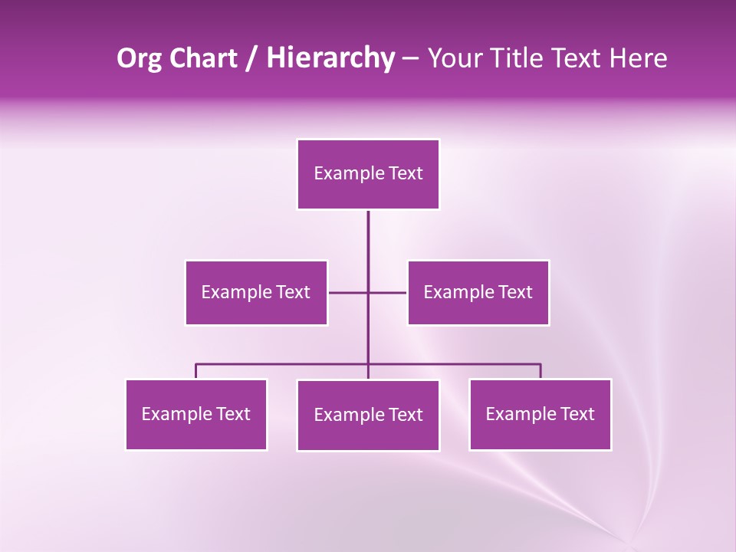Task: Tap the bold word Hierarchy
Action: (330, 58)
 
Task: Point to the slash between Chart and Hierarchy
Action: (251, 58)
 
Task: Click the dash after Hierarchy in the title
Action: (410, 58)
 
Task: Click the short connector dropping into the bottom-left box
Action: (196, 371)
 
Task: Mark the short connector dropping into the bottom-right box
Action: (540, 371)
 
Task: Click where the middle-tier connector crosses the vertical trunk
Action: (368, 292)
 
